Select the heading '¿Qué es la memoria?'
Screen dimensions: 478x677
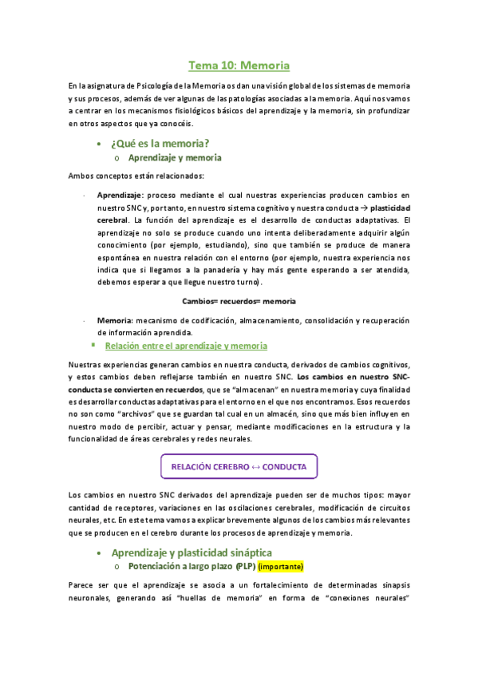[x=160, y=143]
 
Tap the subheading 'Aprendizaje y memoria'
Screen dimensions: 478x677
[x=169, y=158]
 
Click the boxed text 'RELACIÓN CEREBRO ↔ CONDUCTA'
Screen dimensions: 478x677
[x=239, y=466]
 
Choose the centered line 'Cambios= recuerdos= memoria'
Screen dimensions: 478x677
[x=239, y=302]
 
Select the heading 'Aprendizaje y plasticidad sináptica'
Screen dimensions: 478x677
[x=192, y=552]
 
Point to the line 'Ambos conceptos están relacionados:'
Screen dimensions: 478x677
[x=136, y=176]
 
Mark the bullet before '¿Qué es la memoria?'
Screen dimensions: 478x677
[x=97, y=144]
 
